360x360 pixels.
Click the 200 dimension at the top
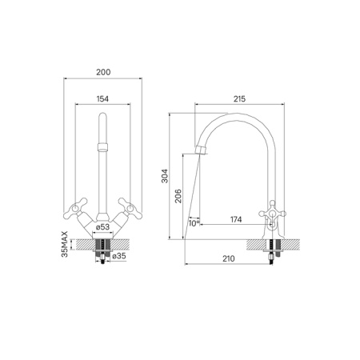(102, 71)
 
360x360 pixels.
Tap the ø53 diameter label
(102, 228)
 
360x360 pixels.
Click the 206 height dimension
(181, 196)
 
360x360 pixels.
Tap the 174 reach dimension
(236, 219)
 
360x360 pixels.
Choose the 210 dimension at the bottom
(228, 257)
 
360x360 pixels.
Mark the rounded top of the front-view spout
(102, 120)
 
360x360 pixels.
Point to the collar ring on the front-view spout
(102, 147)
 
